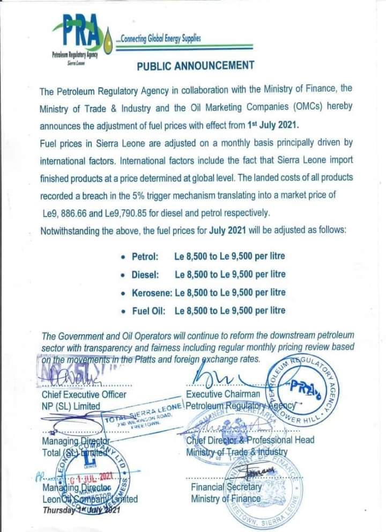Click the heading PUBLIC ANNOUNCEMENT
tap(195, 65)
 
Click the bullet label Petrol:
tap(145, 257)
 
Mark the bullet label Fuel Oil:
tap(149, 310)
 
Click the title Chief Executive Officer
tap(84, 395)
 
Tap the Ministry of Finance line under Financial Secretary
tap(226, 498)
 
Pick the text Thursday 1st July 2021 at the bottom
tap(80, 510)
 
